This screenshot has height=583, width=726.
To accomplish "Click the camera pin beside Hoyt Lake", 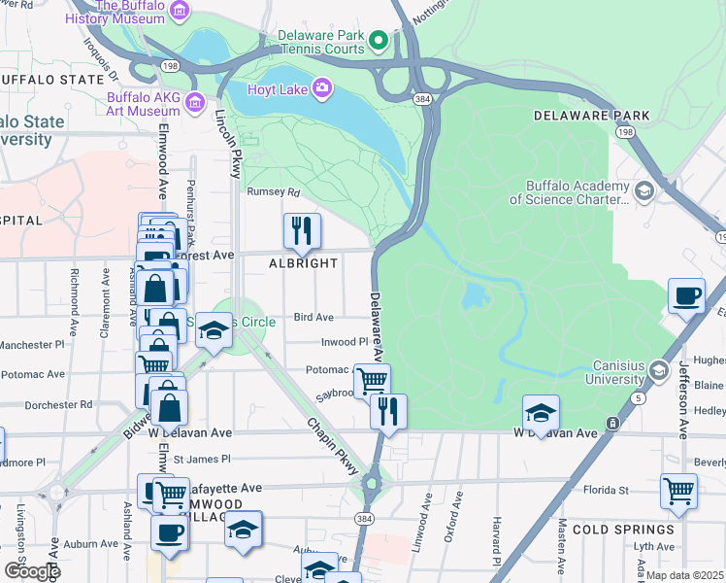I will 321,90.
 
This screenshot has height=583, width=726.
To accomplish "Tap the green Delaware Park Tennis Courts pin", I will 379,41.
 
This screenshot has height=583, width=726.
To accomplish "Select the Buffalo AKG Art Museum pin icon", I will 195,102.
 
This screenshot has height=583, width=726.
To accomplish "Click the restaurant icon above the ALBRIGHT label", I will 302,231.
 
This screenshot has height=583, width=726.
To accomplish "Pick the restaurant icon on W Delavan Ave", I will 388,412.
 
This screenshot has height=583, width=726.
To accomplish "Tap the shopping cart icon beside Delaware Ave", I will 372,380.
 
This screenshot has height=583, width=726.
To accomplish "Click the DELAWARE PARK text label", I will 592,116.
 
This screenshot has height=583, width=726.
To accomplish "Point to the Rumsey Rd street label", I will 270,192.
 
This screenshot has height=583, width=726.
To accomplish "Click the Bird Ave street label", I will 313,318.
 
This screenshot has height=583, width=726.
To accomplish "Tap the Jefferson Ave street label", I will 683,370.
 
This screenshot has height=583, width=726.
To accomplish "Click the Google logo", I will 32,570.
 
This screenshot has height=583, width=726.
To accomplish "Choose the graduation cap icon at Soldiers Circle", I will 214,333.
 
